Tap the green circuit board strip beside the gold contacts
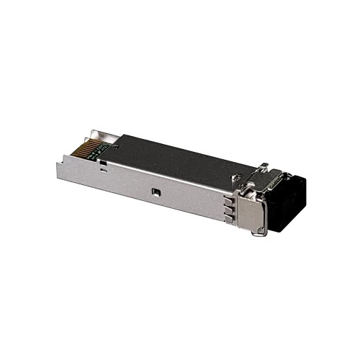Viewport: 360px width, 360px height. (99, 148)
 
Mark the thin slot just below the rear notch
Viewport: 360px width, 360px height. (103, 167)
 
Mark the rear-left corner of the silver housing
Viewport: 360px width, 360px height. (59, 160)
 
